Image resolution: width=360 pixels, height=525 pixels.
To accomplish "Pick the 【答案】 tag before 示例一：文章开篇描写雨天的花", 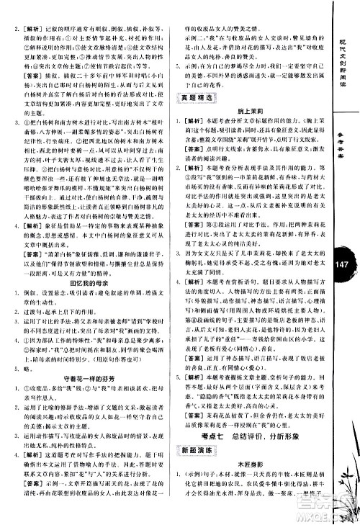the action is [x=35, y=503].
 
